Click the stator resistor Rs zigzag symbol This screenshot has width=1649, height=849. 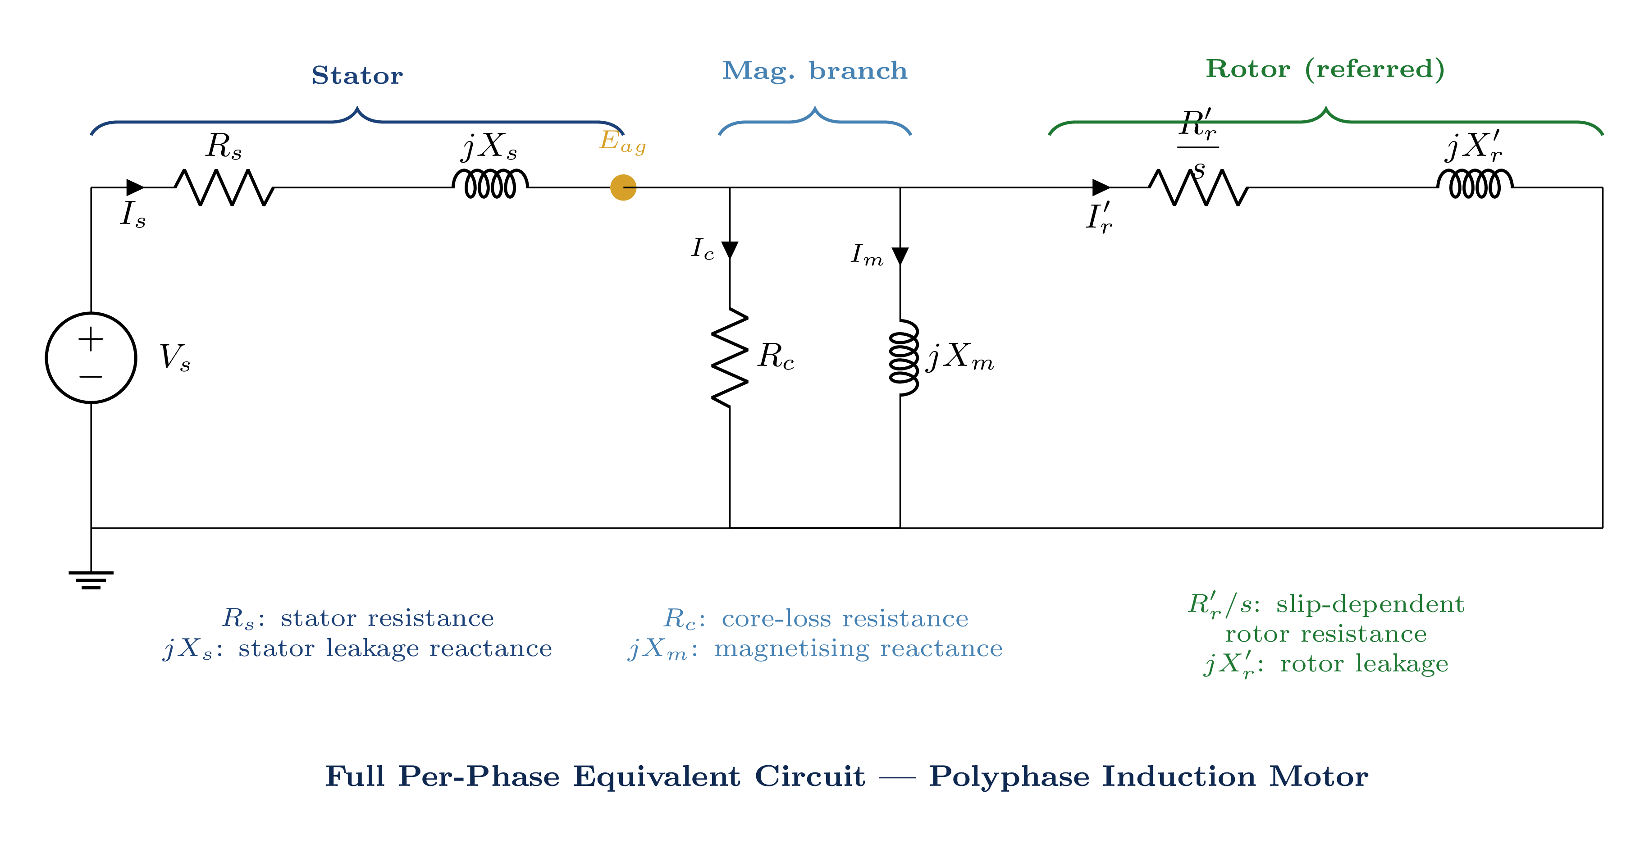[224, 187]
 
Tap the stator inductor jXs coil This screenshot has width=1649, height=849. [490, 184]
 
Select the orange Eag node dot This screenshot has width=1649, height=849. [623, 187]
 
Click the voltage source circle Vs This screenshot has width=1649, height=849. [91, 358]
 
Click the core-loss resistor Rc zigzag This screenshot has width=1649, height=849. [730, 357]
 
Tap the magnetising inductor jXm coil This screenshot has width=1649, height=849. [903, 357]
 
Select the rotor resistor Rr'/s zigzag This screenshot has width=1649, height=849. [1198, 187]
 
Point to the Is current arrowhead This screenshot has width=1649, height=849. [135, 187]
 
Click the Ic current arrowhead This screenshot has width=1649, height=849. [730, 250]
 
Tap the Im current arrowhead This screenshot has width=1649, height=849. [900, 256]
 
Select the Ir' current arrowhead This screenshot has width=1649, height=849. [1101, 187]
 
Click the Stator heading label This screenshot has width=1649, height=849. [357, 76]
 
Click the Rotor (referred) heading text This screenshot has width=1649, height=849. [1325, 69]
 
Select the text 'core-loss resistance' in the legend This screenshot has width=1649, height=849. [845, 619]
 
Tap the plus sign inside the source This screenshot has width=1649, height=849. [91, 339]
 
